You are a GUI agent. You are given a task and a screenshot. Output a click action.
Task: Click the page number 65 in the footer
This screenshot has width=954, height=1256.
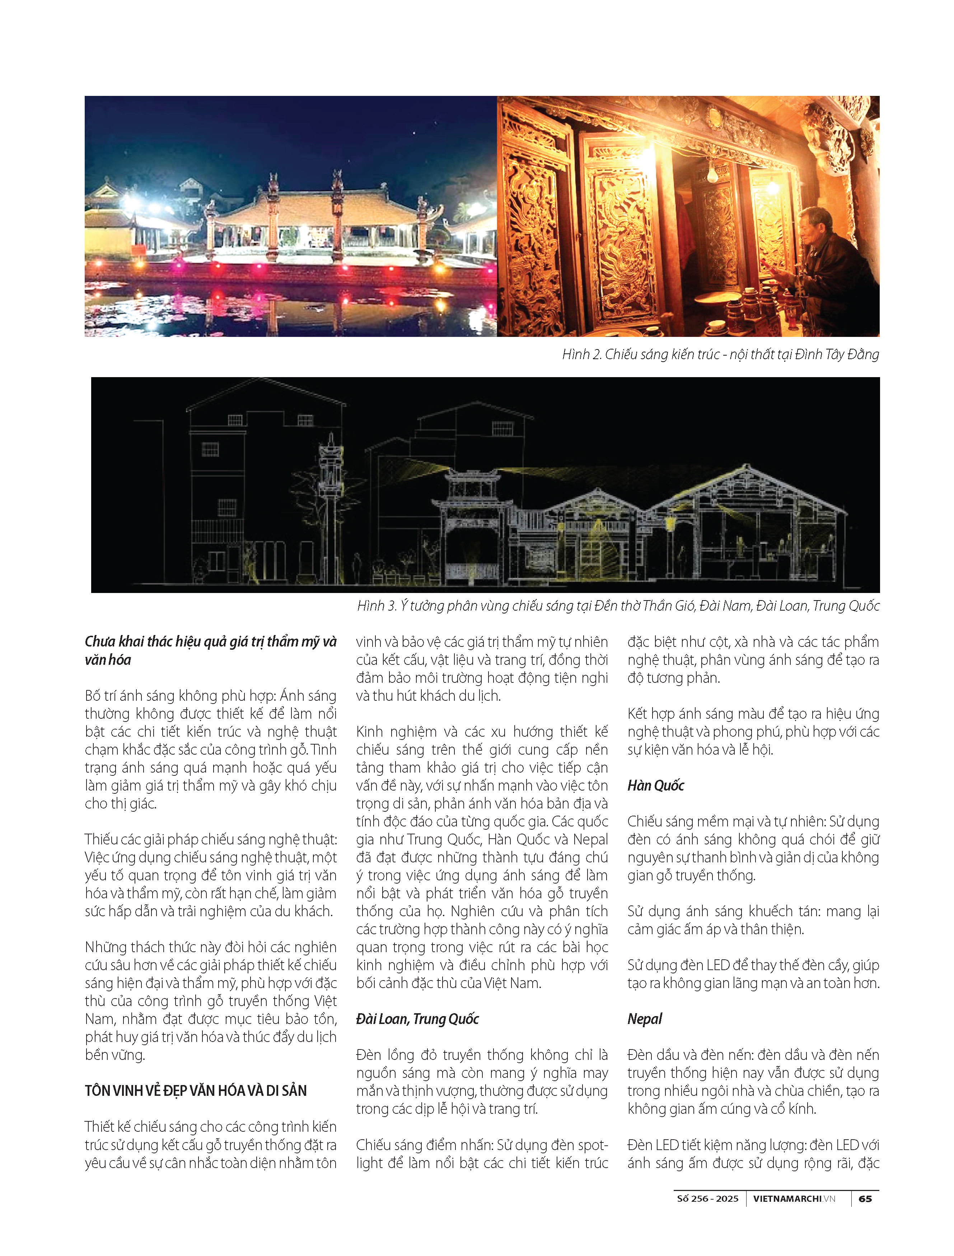[865, 1199]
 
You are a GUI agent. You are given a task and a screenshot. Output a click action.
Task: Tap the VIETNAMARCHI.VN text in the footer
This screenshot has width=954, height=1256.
[794, 1199]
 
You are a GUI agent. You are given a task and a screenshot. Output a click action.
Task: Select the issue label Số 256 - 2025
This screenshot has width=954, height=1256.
[707, 1199]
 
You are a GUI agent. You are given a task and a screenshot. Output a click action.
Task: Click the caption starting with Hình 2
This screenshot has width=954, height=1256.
[720, 354]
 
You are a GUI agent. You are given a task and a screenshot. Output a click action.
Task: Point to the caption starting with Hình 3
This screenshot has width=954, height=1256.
[618, 606]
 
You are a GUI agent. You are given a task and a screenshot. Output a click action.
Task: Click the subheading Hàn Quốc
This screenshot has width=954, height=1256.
[655, 785]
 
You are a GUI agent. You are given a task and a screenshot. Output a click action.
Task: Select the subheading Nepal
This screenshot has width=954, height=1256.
[645, 1019]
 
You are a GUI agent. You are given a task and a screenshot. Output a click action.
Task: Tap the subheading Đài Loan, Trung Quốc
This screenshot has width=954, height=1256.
[417, 1019]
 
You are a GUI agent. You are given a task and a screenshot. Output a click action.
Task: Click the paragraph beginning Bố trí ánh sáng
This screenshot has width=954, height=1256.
[210, 750]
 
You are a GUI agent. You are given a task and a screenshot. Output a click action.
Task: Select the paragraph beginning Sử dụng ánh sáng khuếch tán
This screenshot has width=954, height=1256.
[753, 920]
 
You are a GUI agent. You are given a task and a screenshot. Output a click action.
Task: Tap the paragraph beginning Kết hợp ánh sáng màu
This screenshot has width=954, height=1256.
[753, 731]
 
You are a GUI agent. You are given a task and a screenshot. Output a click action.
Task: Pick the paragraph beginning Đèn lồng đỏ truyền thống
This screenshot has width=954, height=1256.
[482, 1081]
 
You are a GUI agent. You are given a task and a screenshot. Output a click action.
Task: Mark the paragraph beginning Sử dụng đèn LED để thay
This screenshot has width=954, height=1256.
[753, 974]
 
